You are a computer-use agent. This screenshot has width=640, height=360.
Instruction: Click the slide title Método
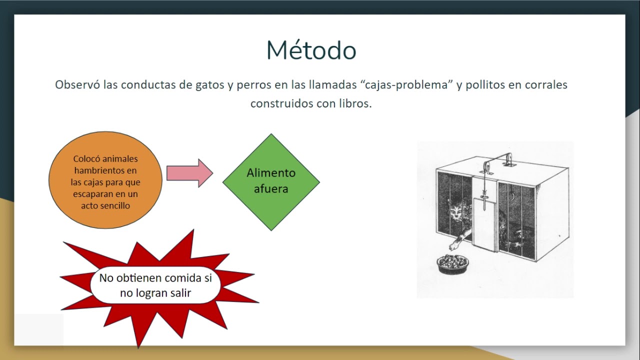311,50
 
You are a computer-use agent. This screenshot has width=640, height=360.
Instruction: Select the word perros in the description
254,85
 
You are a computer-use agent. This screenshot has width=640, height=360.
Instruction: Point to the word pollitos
485,85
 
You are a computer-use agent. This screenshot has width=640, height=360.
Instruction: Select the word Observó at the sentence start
77,85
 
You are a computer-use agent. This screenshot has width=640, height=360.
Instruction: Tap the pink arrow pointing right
189,173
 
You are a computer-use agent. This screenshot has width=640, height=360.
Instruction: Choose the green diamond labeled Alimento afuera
271,181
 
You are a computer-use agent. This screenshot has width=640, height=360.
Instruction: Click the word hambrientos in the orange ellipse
105,170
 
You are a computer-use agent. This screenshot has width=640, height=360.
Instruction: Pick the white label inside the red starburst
155,285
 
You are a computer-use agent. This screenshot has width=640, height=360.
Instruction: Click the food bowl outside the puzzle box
453,263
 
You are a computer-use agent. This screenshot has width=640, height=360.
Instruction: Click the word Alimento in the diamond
271,173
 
